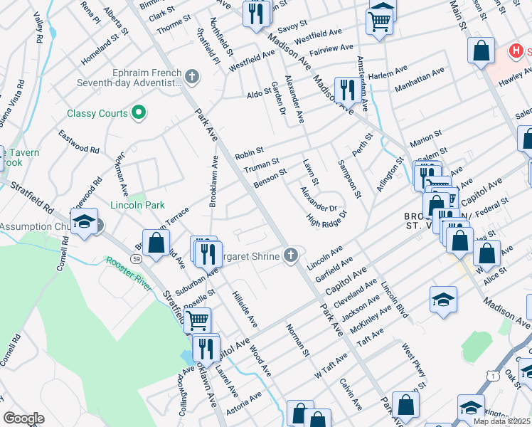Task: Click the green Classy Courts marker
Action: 139,113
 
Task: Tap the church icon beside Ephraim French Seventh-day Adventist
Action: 191,76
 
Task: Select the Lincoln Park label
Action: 137,205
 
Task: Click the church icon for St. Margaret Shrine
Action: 290,255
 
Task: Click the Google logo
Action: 23,418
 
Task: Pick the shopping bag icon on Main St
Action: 482,51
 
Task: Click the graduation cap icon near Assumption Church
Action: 84,221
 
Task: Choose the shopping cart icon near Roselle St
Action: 197,320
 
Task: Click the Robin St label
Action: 250,153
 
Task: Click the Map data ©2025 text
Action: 502,421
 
